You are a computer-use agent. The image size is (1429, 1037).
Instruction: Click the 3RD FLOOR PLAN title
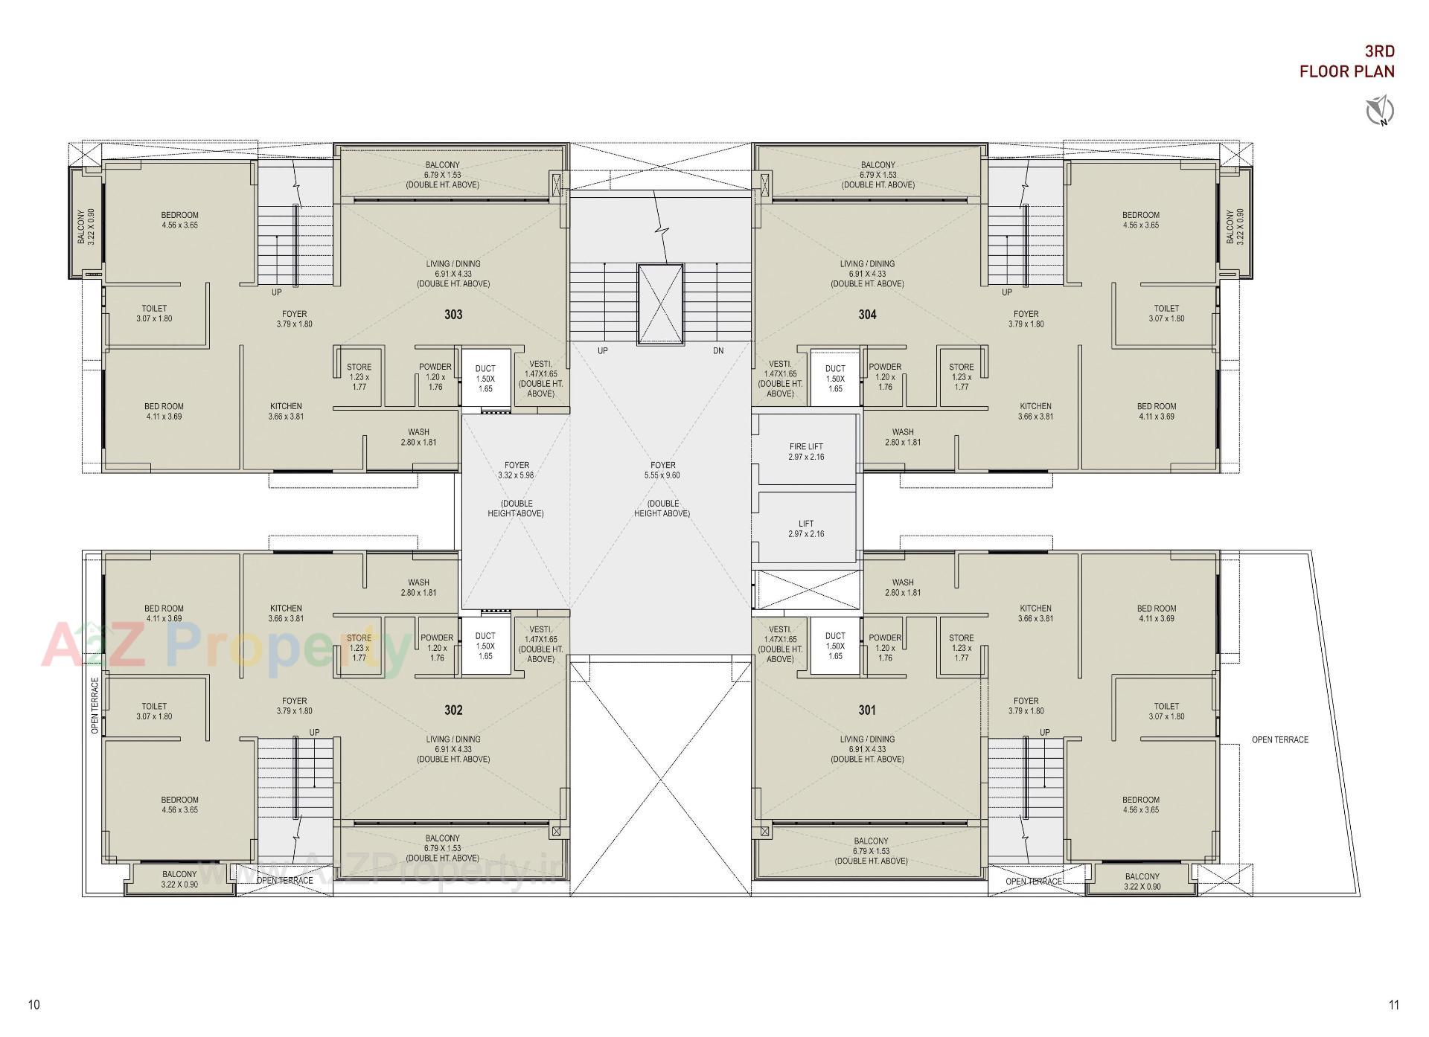click(1346, 62)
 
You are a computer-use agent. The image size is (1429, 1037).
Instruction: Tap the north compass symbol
click(1379, 111)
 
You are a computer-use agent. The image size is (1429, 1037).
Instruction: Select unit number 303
click(453, 315)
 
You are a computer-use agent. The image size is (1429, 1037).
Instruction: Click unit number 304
click(867, 315)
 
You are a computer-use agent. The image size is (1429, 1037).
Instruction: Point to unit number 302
click(453, 710)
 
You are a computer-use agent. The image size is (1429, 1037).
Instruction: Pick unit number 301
click(867, 710)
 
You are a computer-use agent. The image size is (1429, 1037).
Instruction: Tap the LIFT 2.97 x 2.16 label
click(806, 528)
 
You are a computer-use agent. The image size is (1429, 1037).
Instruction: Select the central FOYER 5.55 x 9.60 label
click(662, 470)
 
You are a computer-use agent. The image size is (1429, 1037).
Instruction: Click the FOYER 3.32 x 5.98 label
click(517, 470)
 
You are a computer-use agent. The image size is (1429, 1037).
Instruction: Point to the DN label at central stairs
click(718, 350)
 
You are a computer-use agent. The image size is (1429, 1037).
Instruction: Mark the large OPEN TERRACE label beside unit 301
click(1279, 739)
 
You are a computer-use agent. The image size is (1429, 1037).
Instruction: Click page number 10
click(33, 1005)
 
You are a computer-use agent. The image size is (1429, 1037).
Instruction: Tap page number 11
click(1393, 1005)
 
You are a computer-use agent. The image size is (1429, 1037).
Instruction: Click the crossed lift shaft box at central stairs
click(660, 304)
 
